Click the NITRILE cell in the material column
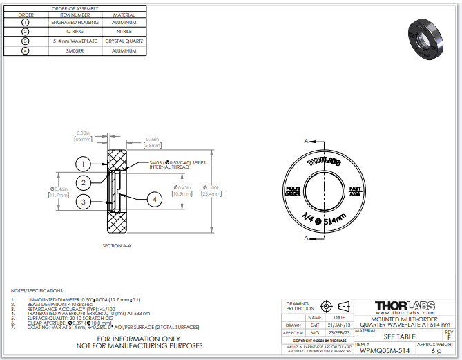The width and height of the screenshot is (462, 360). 129,32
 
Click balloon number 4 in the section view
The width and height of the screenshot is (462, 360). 155,199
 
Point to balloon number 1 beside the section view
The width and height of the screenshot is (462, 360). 82,164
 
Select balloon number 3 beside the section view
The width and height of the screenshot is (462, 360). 82,202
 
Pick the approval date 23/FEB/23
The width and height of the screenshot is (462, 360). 339,333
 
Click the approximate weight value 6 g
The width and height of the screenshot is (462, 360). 436,351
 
